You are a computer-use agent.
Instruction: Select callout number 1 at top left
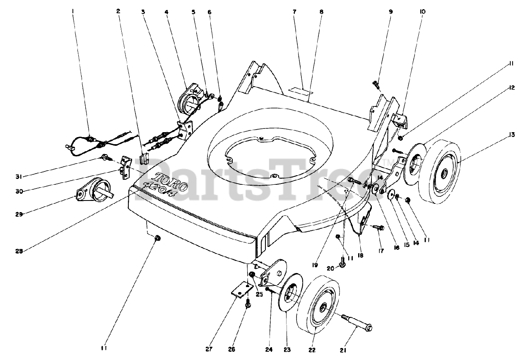[73, 12]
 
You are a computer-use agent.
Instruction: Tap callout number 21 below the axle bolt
[342, 350]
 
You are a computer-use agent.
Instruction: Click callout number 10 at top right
[422, 12]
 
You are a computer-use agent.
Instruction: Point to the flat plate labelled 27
[242, 290]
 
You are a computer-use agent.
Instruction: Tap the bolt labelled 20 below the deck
[342, 262]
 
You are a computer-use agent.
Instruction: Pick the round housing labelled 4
[189, 99]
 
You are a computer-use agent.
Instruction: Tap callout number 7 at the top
[294, 12]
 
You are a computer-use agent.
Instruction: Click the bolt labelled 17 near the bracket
[378, 227]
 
